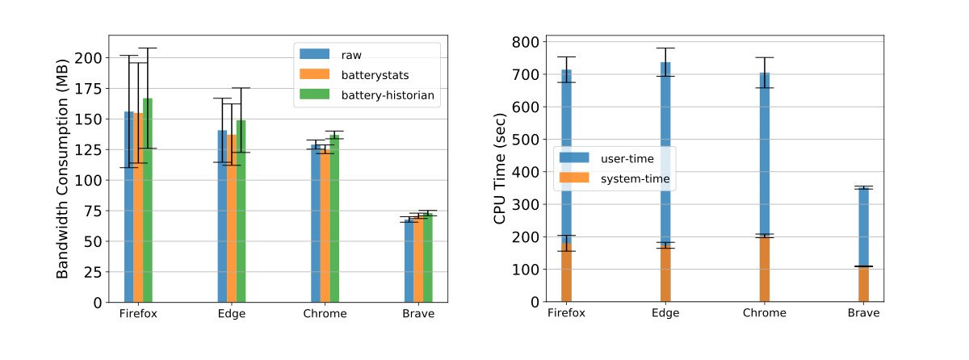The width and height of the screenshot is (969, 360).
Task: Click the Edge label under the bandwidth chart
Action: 232,313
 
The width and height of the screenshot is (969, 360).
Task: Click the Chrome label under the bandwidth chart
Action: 325,313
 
